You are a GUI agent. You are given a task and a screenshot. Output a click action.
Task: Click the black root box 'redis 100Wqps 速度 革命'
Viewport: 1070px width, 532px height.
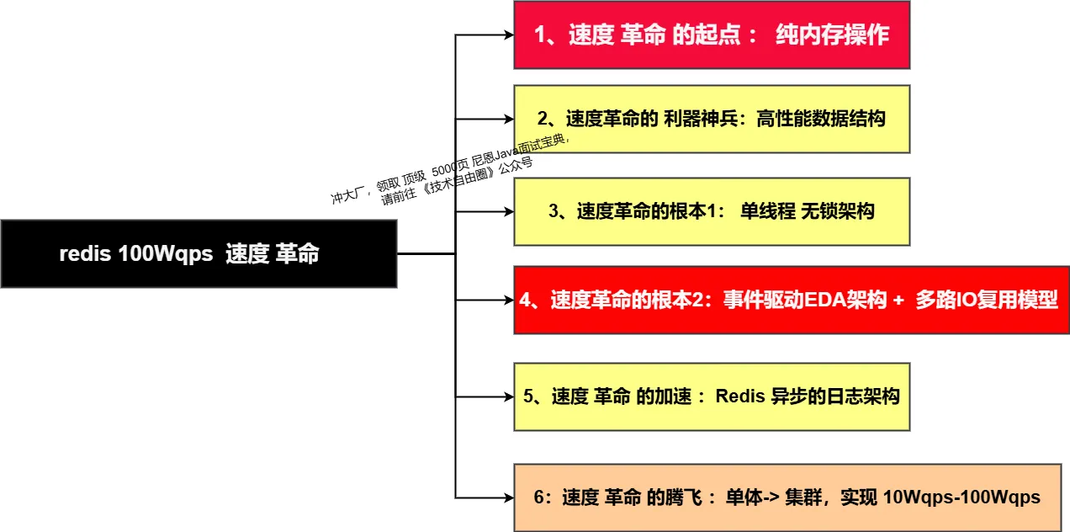[x=198, y=253]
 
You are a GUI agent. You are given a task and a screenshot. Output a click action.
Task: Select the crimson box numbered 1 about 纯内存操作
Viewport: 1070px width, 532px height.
[x=712, y=35]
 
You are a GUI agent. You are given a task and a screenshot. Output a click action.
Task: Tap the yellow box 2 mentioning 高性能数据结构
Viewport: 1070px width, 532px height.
[x=712, y=119]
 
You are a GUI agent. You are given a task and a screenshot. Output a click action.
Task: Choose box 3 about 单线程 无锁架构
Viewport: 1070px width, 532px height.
[x=712, y=211]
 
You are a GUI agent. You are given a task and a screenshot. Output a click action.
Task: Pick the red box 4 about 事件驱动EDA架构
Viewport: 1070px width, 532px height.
[x=791, y=300]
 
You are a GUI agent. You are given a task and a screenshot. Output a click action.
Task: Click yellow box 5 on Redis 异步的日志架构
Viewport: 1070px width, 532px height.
[x=712, y=396]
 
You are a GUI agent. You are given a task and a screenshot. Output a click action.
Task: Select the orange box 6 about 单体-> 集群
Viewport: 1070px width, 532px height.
[x=787, y=497]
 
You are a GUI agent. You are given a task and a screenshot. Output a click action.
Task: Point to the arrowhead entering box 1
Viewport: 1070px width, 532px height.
[x=508, y=35]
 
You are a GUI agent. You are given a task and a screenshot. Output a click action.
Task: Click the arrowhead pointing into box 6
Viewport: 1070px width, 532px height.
[x=508, y=497]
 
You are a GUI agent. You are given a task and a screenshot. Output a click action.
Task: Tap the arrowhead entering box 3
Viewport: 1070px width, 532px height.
[x=508, y=211]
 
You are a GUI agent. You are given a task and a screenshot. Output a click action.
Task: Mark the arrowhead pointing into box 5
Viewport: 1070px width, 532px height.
[x=508, y=396]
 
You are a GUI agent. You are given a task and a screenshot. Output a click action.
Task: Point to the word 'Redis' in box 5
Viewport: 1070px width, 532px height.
[x=739, y=396]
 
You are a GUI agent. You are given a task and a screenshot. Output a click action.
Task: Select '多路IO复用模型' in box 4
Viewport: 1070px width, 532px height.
[x=986, y=300]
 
